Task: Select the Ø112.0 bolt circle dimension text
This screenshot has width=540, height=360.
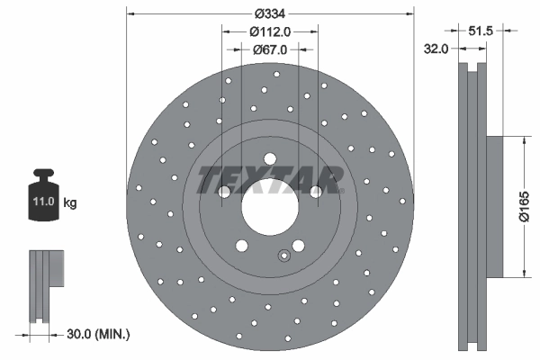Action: [270, 32]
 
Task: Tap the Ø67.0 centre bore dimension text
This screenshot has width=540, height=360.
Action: [270, 49]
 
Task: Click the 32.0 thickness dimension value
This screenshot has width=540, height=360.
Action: [436, 49]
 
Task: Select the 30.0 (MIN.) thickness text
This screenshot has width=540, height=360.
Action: [99, 333]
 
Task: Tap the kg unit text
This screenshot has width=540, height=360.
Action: [70, 203]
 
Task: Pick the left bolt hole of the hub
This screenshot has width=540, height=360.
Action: [224, 192]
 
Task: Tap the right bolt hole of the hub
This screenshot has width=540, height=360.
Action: [316, 192]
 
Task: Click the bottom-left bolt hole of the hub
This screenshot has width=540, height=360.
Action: [242, 246]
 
